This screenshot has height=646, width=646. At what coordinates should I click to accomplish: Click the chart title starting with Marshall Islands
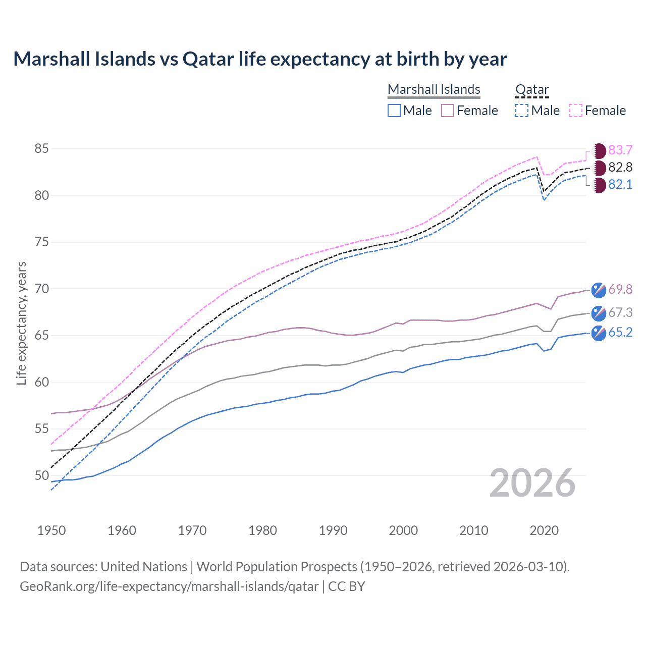pyautogui.click(x=260, y=59)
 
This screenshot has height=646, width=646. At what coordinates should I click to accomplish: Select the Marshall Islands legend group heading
pyautogui.click(x=434, y=89)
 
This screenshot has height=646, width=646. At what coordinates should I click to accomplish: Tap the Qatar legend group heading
pyautogui.click(x=531, y=89)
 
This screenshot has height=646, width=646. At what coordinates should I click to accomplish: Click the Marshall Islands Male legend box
pyautogui.click(x=394, y=111)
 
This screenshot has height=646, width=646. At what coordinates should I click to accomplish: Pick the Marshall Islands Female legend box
pyautogui.click(x=448, y=111)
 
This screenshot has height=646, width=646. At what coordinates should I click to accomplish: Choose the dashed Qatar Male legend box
pyautogui.click(x=522, y=111)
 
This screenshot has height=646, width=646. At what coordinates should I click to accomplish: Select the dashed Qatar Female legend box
pyautogui.click(x=576, y=111)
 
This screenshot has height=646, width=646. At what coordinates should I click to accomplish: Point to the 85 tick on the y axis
pyautogui.click(x=41, y=149)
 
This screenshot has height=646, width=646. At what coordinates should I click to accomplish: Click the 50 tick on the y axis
pyautogui.click(x=41, y=475)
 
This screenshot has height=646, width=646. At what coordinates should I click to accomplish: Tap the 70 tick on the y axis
pyautogui.click(x=41, y=289)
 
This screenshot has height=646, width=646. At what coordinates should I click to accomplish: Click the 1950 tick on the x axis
pyautogui.click(x=51, y=530)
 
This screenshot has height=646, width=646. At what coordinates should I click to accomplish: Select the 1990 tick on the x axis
pyautogui.click(x=333, y=530)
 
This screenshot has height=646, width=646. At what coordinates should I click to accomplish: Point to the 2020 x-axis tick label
pyautogui.click(x=544, y=530)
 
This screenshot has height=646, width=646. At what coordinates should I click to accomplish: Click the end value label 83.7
pyautogui.click(x=620, y=150)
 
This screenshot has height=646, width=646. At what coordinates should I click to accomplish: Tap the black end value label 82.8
pyautogui.click(x=620, y=168)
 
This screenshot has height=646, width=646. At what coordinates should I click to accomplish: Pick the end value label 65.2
pyautogui.click(x=620, y=333)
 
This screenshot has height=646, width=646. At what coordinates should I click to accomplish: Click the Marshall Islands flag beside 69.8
pyautogui.click(x=599, y=290)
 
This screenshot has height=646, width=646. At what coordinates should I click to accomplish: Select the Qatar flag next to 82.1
pyautogui.click(x=599, y=185)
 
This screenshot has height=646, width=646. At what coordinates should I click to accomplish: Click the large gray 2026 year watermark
pyautogui.click(x=532, y=483)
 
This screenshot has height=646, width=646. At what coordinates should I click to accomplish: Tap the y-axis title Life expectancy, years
pyautogui.click(x=21, y=324)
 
